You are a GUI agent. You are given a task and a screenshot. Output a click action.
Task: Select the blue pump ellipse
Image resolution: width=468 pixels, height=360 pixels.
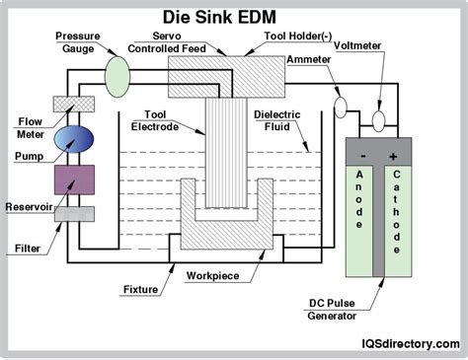[74, 139]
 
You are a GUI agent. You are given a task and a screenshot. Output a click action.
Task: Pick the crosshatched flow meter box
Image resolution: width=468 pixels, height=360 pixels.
[74, 104]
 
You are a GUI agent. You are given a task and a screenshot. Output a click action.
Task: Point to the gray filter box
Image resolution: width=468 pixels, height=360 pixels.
[74, 213]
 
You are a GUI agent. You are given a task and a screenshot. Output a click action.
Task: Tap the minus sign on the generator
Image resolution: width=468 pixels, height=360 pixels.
[363, 157]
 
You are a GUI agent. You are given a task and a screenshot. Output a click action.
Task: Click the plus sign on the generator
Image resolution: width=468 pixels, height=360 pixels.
[393, 157]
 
